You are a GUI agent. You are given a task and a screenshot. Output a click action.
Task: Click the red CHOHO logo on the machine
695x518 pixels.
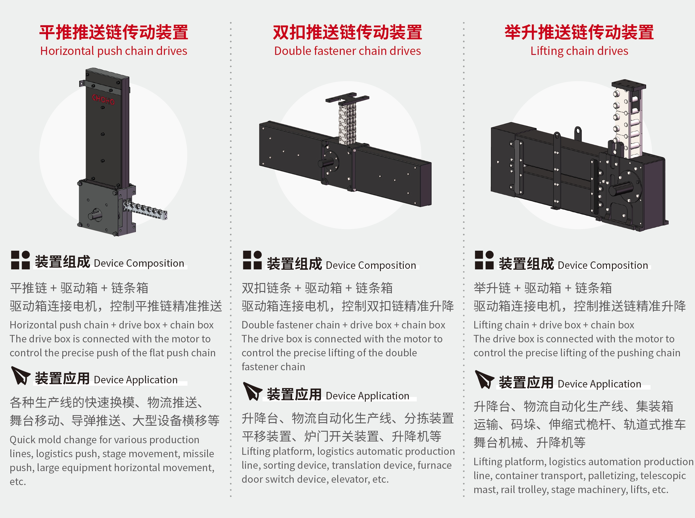103,99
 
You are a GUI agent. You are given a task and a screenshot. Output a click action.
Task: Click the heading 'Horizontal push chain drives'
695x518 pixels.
114,51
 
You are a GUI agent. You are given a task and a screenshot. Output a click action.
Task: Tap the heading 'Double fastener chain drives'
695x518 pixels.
347,51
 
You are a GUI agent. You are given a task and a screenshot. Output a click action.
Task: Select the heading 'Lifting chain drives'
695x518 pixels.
579,51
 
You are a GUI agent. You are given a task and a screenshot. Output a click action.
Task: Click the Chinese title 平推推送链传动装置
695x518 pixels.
114,32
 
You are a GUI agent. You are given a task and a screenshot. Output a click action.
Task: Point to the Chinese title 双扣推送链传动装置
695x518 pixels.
347,32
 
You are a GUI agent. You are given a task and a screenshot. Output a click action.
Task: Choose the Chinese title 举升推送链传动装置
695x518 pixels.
579,32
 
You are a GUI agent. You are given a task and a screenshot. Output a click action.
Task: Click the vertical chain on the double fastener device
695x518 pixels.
347,124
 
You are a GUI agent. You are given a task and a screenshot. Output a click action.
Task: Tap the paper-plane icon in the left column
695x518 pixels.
20,375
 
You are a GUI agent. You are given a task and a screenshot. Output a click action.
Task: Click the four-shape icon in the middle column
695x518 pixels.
252,260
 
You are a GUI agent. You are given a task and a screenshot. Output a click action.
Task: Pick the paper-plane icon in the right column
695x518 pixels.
484,379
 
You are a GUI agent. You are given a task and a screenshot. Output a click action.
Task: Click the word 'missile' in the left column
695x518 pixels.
198,454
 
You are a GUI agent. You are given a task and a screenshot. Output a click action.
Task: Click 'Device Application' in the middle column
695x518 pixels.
368,396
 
